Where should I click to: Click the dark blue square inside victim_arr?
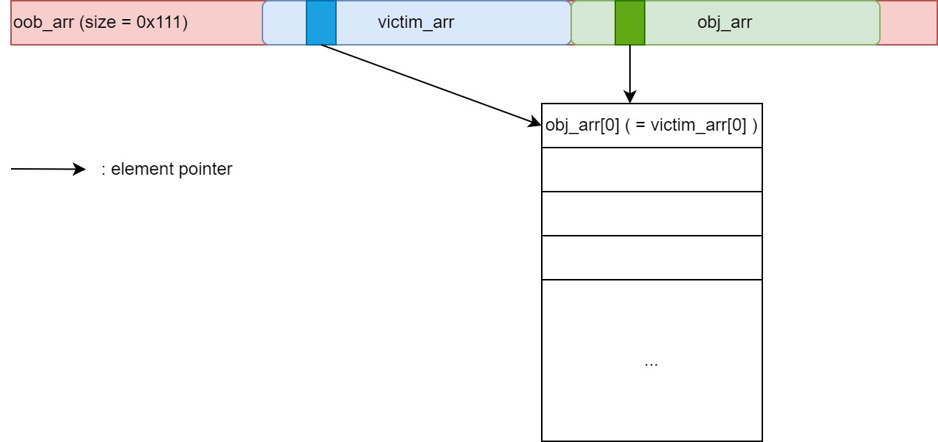pyautogui.click(x=321, y=23)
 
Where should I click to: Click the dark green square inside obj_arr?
pyautogui.click(x=630, y=23)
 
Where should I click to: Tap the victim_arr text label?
pyautogui.click(x=415, y=23)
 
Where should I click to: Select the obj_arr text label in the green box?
pyautogui.click(x=724, y=23)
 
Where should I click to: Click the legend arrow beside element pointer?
pyautogui.click(x=49, y=170)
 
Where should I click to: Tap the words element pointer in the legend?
pyautogui.click(x=171, y=170)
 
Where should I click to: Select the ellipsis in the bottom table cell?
pyautogui.click(x=651, y=363)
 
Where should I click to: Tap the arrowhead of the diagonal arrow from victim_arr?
pyautogui.click(x=535, y=123)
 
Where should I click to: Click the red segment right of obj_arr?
pyautogui.click(x=908, y=23)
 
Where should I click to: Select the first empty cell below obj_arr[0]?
pyautogui.click(x=651, y=170)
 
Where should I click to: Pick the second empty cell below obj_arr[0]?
pyautogui.click(x=651, y=214)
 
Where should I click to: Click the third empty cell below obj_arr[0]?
pyautogui.click(x=651, y=258)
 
